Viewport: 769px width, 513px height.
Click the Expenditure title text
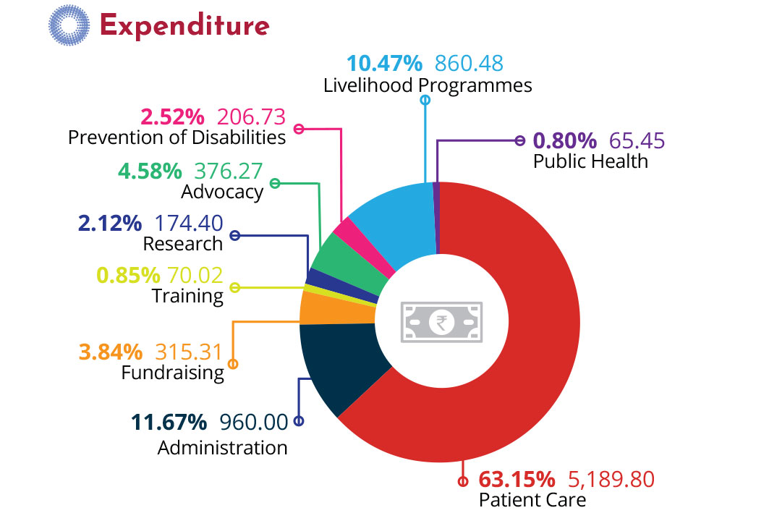pyautogui.click(x=184, y=26)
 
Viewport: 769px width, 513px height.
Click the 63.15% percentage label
pyautogui.click(x=517, y=479)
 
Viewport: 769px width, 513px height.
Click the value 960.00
pyautogui.click(x=253, y=421)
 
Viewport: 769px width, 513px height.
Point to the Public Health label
pyautogui.click(x=590, y=161)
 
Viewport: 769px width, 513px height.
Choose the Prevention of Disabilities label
pyautogui.click(x=177, y=137)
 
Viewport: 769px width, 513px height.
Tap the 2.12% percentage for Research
pyautogui.click(x=110, y=223)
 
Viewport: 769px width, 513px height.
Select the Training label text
pyautogui.click(x=187, y=295)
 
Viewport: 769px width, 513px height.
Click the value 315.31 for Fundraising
pyautogui.click(x=189, y=352)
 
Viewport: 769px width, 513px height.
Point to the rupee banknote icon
pyautogui.click(x=441, y=321)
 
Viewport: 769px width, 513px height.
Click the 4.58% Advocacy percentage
pyautogui.click(x=149, y=171)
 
